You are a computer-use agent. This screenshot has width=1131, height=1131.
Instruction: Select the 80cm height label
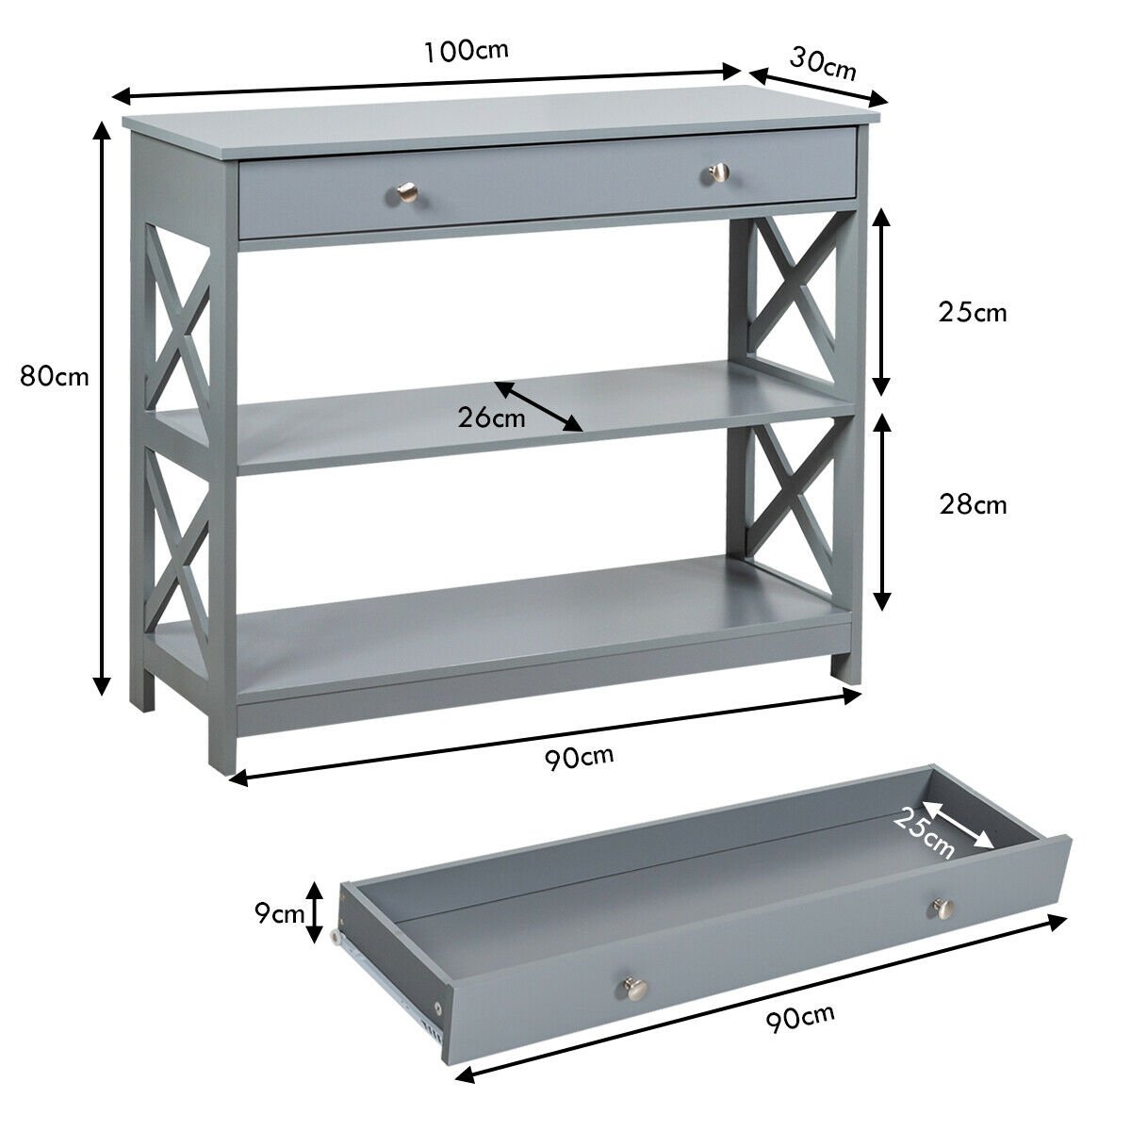pyautogui.click(x=55, y=377)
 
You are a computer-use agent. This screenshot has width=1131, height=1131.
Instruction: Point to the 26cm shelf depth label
pyautogui.click(x=492, y=418)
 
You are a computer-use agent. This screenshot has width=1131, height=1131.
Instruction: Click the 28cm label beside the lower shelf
pyautogui.click(x=973, y=505)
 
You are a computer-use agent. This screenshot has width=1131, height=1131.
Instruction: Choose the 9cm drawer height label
pyautogui.click(x=281, y=911)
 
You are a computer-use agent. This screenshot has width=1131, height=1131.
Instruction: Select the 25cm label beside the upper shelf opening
pyautogui.click(x=973, y=312)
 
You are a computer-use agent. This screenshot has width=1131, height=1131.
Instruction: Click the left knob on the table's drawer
pyautogui.click(x=402, y=194)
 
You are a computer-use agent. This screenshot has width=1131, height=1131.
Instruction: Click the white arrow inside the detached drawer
pyautogui.click(x=958, y=824)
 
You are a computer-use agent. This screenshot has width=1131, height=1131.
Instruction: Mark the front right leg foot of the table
pyautogui.click(x=845, y=664)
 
